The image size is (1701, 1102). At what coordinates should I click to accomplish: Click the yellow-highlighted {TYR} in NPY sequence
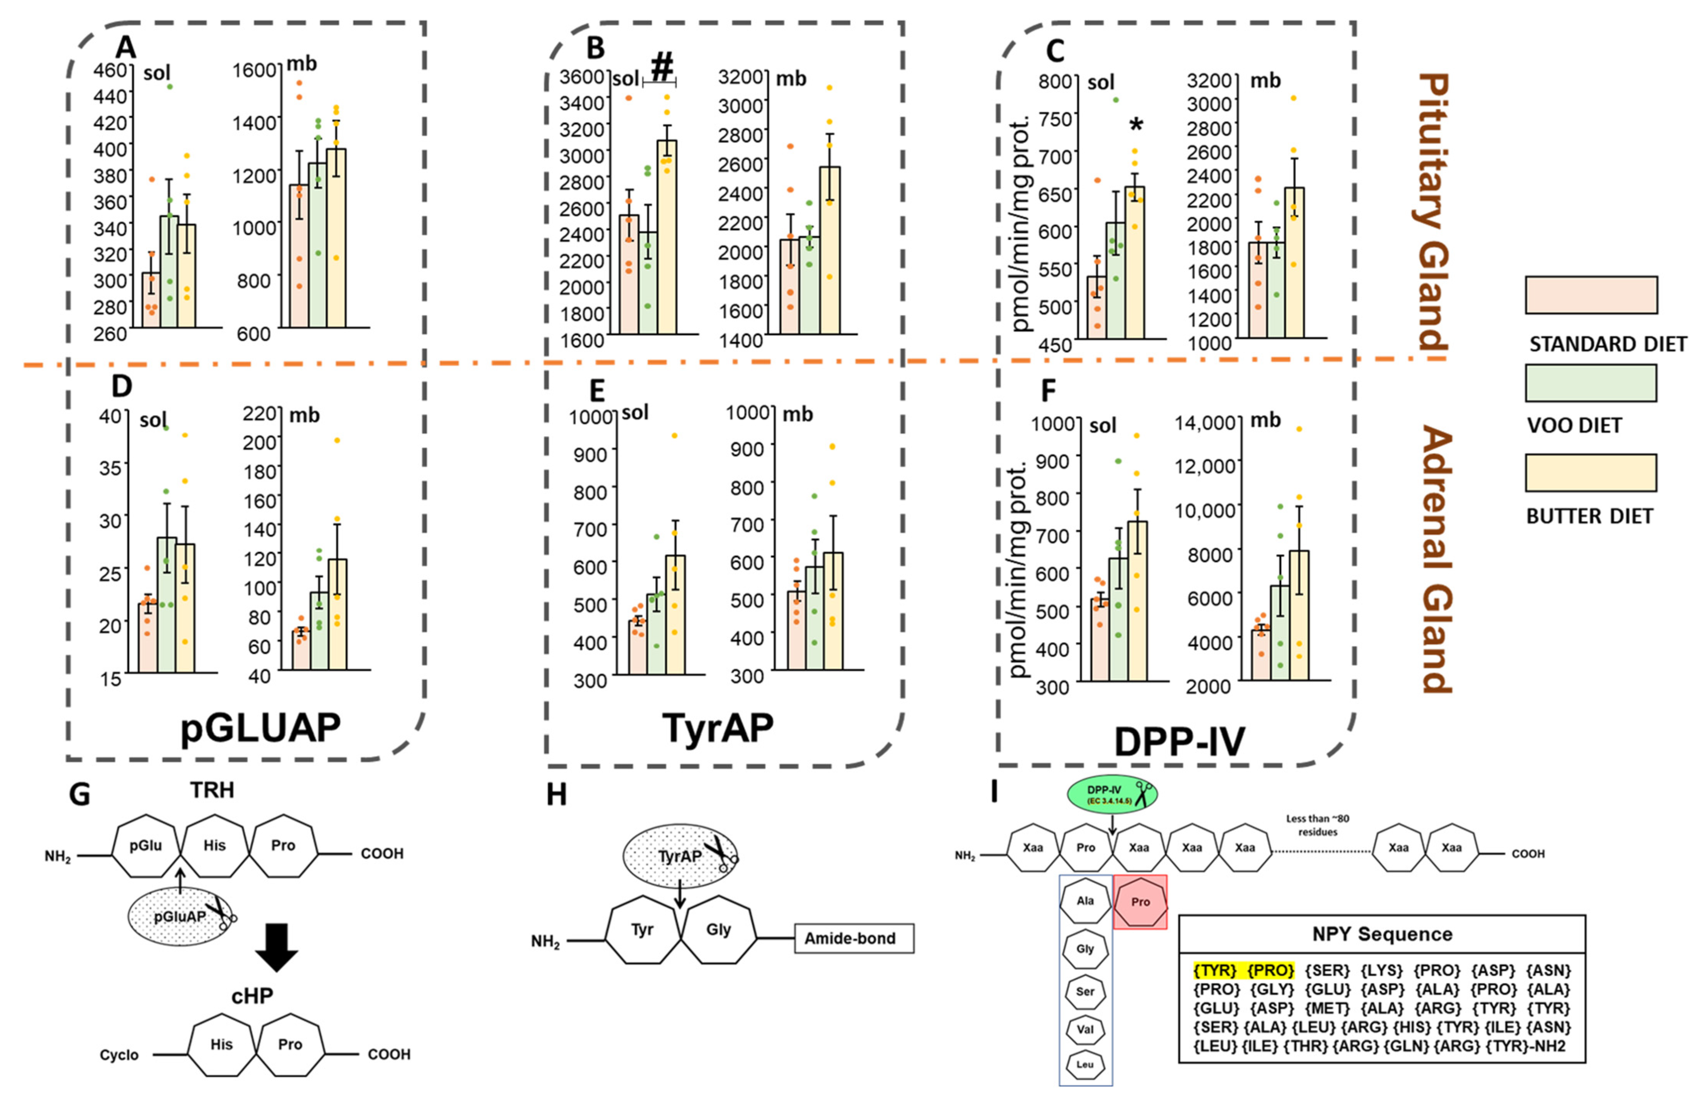[1214, 970]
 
